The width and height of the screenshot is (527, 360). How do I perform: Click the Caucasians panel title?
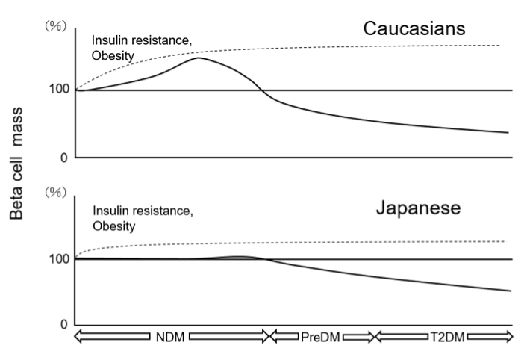click(x=414, y=28)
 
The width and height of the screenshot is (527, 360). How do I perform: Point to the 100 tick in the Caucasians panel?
click(x=59, y=90)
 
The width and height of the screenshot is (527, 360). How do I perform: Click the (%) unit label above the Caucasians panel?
click(x=57, y=25)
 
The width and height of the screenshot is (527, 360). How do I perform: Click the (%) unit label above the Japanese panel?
click(x=57, y=192)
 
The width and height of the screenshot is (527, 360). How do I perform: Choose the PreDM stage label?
click(x=321, y=338)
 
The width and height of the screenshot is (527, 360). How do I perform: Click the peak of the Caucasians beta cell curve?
click(x=199, y=58)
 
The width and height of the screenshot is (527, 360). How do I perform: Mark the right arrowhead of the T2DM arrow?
click(x=509, y=338)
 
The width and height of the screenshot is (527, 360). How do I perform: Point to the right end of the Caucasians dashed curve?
click(x=499, y=46)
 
